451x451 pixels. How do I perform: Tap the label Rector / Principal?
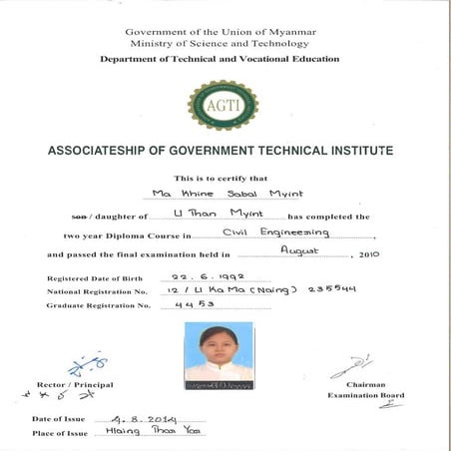click(75, 385)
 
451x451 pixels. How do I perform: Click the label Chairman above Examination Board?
click(365, 385)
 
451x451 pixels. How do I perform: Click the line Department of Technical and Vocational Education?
click(220, 59)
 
